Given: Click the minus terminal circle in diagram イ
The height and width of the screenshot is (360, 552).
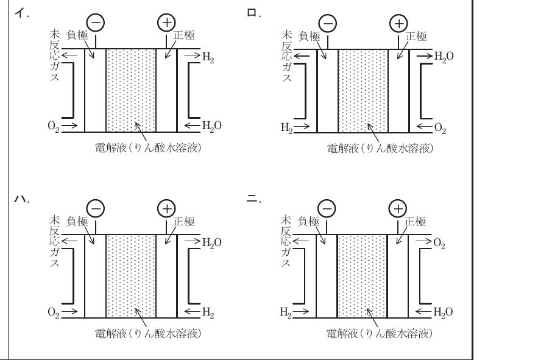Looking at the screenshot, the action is click(96, 23).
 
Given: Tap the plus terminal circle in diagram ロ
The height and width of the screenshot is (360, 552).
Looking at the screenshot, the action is click(398, 24).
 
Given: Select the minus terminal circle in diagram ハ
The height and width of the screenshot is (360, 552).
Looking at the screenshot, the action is click(96, 209).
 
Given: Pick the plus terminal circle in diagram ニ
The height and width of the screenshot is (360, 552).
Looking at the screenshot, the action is click(398, 209).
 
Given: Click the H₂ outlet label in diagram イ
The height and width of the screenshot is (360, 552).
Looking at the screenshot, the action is click(208, 57).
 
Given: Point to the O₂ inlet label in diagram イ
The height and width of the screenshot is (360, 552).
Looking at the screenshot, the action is click(54, 126).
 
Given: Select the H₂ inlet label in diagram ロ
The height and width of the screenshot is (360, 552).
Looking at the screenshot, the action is click(286, 128).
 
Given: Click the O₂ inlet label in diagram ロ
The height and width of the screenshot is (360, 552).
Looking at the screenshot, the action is click(441, 128).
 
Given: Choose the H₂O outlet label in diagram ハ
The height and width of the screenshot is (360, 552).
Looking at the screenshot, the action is click(212, 243).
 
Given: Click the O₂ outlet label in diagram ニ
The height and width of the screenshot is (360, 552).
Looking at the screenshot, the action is click(439, 243).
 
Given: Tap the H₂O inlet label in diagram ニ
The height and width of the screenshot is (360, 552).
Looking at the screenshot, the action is click(443, 312).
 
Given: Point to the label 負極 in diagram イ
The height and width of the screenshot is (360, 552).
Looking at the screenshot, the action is click(77, 35).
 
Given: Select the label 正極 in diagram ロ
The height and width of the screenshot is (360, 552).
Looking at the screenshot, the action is click(416, 36).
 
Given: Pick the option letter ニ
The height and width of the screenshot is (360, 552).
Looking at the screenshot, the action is click(252, 199).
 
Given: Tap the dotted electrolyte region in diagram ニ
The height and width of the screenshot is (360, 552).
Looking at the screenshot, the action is click(362, 277).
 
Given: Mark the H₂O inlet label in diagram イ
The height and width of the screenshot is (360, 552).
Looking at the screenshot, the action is click(212, 126).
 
